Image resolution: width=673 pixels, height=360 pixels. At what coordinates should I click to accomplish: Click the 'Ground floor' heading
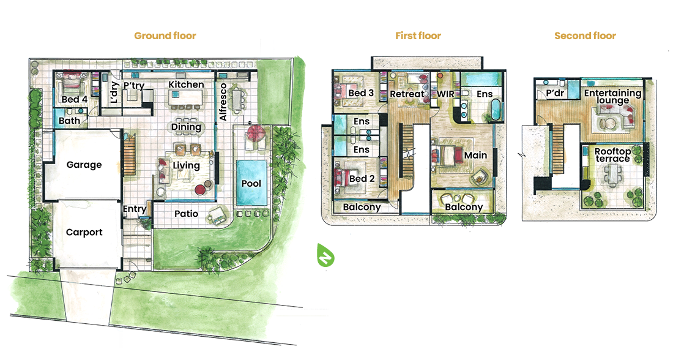165,36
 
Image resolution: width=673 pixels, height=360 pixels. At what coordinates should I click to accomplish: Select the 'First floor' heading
418,36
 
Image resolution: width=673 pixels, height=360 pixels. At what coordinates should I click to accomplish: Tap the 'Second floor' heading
585,36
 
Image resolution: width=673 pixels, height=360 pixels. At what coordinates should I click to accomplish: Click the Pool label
251,184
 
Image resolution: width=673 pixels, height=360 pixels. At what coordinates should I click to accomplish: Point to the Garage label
84,165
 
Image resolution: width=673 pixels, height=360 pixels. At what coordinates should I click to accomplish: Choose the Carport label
84,233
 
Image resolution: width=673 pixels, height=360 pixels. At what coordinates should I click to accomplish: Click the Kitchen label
186,84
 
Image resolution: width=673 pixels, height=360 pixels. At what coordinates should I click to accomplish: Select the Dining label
186,127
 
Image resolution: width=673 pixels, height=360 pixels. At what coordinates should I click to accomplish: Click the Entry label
135,209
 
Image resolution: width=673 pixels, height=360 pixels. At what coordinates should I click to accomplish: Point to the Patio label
186,214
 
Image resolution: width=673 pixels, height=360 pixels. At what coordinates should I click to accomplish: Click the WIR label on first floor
445,94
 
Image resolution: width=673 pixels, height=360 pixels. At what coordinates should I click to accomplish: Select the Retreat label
407,94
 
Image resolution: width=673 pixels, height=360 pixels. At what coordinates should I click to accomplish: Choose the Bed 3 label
361,94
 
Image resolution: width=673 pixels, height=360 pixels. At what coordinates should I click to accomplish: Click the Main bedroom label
475,155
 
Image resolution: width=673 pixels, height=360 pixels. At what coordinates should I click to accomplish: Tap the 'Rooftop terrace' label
612,155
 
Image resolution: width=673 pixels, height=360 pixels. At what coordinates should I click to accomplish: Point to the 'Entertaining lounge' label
612,97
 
